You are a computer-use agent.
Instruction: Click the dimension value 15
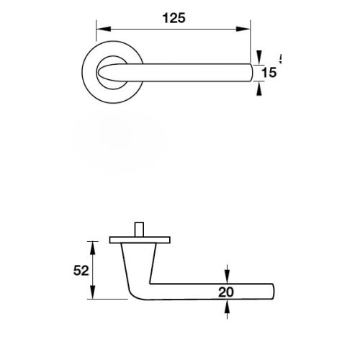(269, 73)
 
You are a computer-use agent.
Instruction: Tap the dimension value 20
(227, 292)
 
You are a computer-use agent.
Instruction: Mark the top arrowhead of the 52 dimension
(92, 246)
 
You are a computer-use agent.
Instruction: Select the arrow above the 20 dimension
(228, 274)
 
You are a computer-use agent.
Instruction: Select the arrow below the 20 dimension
(228, 310)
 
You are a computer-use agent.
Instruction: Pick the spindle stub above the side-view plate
(138, 228)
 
